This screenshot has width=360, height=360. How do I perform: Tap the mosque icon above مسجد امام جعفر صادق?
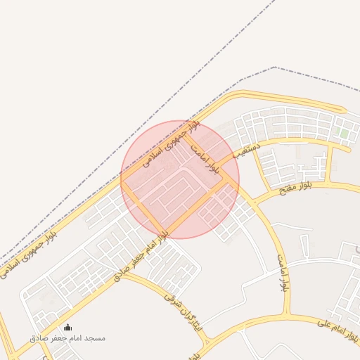tap(67, 327)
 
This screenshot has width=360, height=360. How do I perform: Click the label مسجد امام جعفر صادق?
tap(67, 338)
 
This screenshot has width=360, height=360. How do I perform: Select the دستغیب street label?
tap(247, 148)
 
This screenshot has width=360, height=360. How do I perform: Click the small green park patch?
tap(344, 132)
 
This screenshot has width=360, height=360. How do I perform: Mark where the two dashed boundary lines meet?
tap(274, 67)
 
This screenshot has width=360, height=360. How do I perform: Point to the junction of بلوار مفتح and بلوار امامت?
tap(252, 205)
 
